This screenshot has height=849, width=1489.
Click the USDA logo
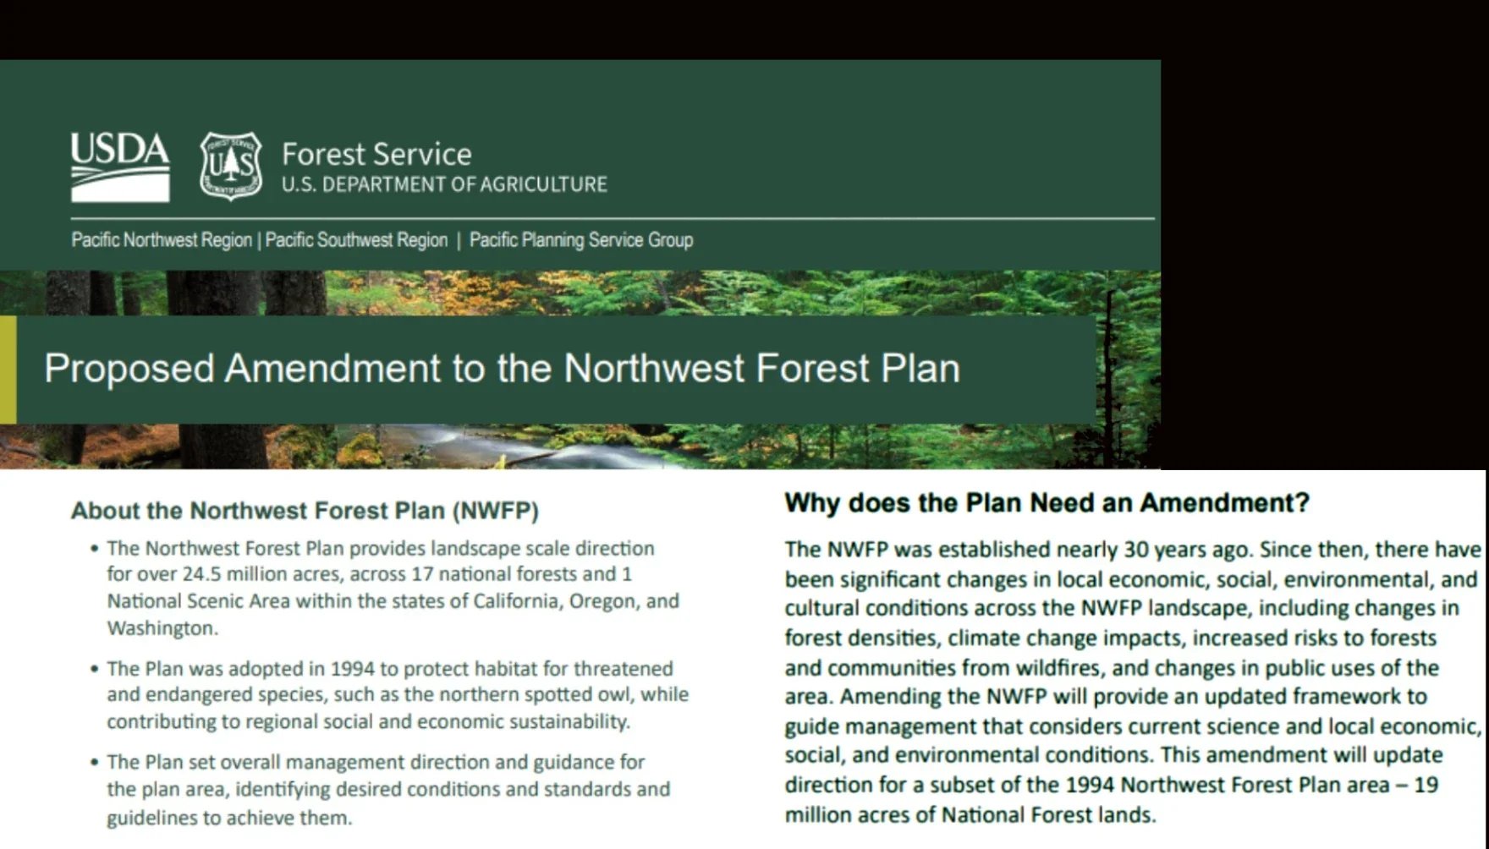pos(119,167)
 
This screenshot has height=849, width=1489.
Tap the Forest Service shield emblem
pos(230,166)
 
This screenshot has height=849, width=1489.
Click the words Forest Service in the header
pos(376,154)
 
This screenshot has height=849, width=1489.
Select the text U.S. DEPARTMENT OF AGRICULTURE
pos(444,184)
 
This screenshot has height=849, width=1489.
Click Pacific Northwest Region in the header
pos(162,240)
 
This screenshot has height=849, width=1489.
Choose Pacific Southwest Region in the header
pos(356,240)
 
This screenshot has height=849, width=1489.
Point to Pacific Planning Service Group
pos(581,240)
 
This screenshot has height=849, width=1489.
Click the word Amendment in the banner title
pos(332,369)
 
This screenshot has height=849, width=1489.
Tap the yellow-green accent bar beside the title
pos(8,370)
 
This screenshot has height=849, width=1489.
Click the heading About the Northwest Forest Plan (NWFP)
pos(305,511)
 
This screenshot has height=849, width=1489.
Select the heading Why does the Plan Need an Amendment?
pos(1047,503)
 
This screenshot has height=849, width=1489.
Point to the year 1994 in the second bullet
pos(352,669)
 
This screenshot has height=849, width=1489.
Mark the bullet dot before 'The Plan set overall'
pos(95,763)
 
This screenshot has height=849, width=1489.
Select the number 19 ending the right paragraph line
pos(1426,785)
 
